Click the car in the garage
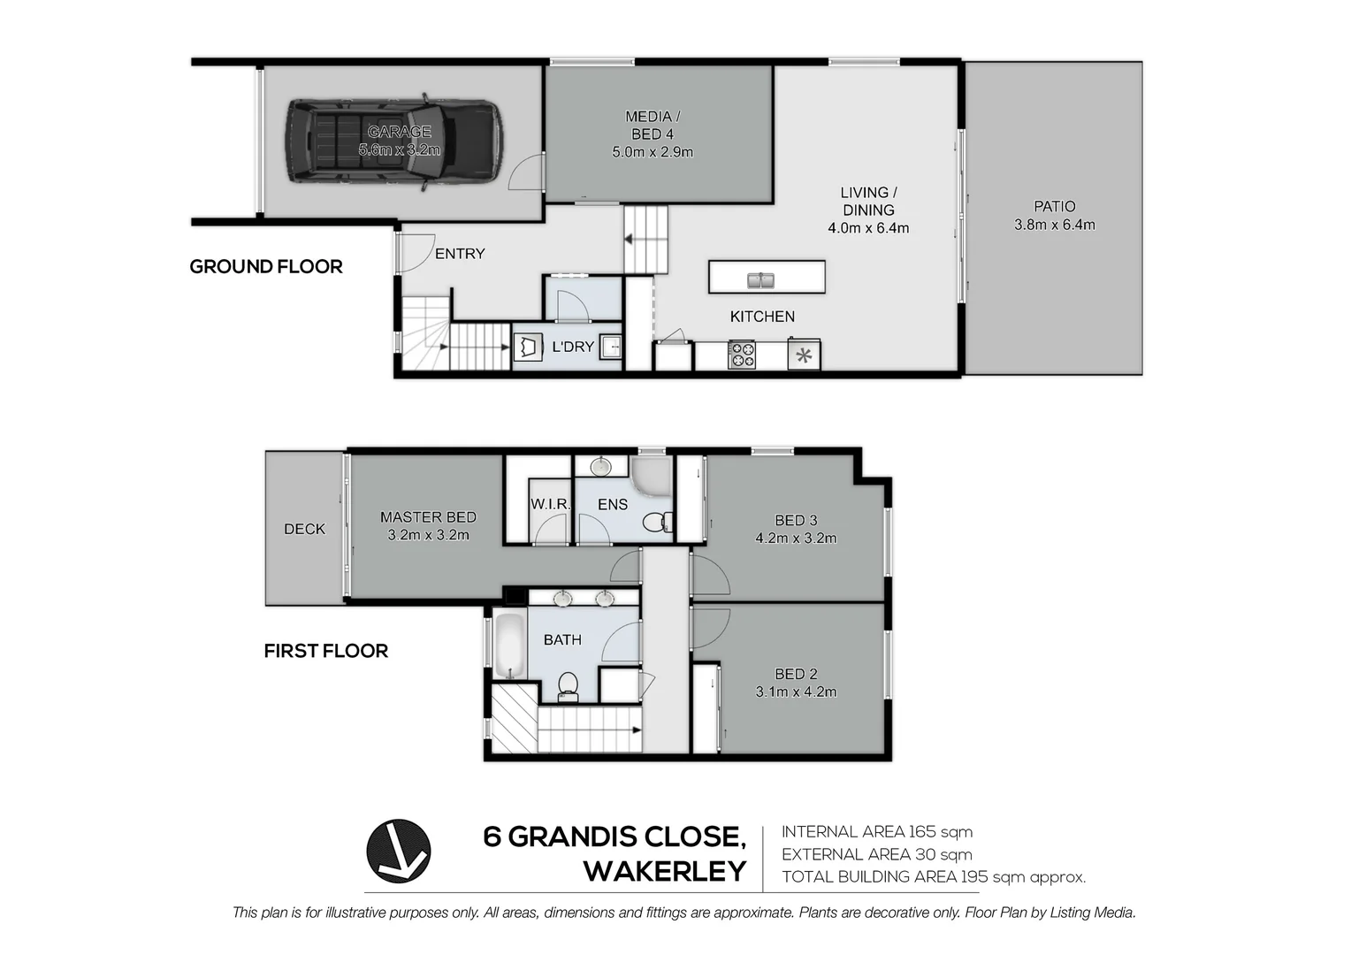pyautogui.click(x=394, y=141)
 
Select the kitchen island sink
pyautogui.click(x=760, y=280)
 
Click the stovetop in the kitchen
pyautogui.click(x=742, y=355)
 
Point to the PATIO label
pyautogui.click(x=1054, y=206)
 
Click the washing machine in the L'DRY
pyautogui.click(x=529, y=348)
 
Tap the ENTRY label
pyautogui.click(x=460, y=254)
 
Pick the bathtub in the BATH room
pyautogui.click(x=510, y=645)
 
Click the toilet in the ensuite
pyautogui.click(x=658, y=522)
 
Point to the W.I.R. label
pyautogui.click(x=550, y=504)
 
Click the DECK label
pyautogui.click(x=304, y=529)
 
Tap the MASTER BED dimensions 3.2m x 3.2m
pyautogui.click(x=428, y=535)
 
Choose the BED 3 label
pyautogui.click(x=796, y=520)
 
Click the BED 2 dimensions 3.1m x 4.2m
pyautogui.click(x=796, y=691)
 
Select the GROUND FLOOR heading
pyautogui.click(x=266, y=267)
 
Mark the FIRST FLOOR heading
pyautogui.click(x=325, y=651)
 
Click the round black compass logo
pyautogui.click(x=399, y=852)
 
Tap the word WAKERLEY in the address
pyautogui.click(x=665, y=871)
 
